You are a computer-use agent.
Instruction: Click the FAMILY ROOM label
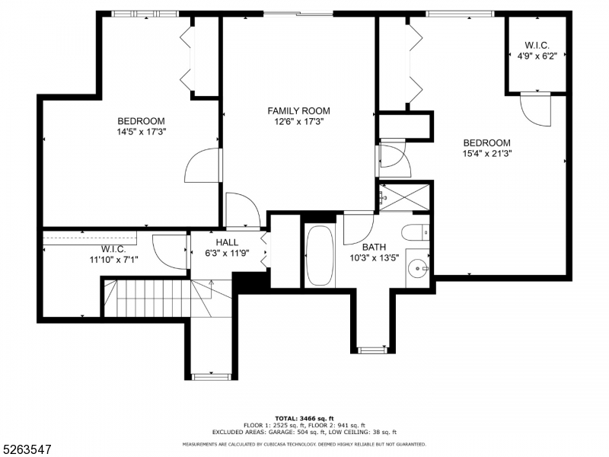298,111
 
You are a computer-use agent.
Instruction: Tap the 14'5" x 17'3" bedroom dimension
142,132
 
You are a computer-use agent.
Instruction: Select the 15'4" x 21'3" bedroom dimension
487,154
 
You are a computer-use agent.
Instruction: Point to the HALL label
227,242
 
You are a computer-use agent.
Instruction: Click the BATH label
374,247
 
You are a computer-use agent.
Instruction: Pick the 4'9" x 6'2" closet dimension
537,56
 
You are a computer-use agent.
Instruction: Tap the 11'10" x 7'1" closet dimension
113,260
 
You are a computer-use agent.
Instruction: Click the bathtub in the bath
320,255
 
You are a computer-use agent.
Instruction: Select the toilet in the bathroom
415,232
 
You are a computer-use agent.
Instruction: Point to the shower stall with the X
404,197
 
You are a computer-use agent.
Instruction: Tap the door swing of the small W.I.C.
535,109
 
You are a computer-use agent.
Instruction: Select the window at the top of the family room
298,14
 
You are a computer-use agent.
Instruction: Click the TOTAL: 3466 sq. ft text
304,418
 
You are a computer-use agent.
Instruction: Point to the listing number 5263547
26,450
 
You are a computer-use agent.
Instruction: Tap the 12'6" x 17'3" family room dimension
299,122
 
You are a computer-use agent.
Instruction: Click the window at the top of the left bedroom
145,14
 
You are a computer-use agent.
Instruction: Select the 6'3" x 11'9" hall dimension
227,254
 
